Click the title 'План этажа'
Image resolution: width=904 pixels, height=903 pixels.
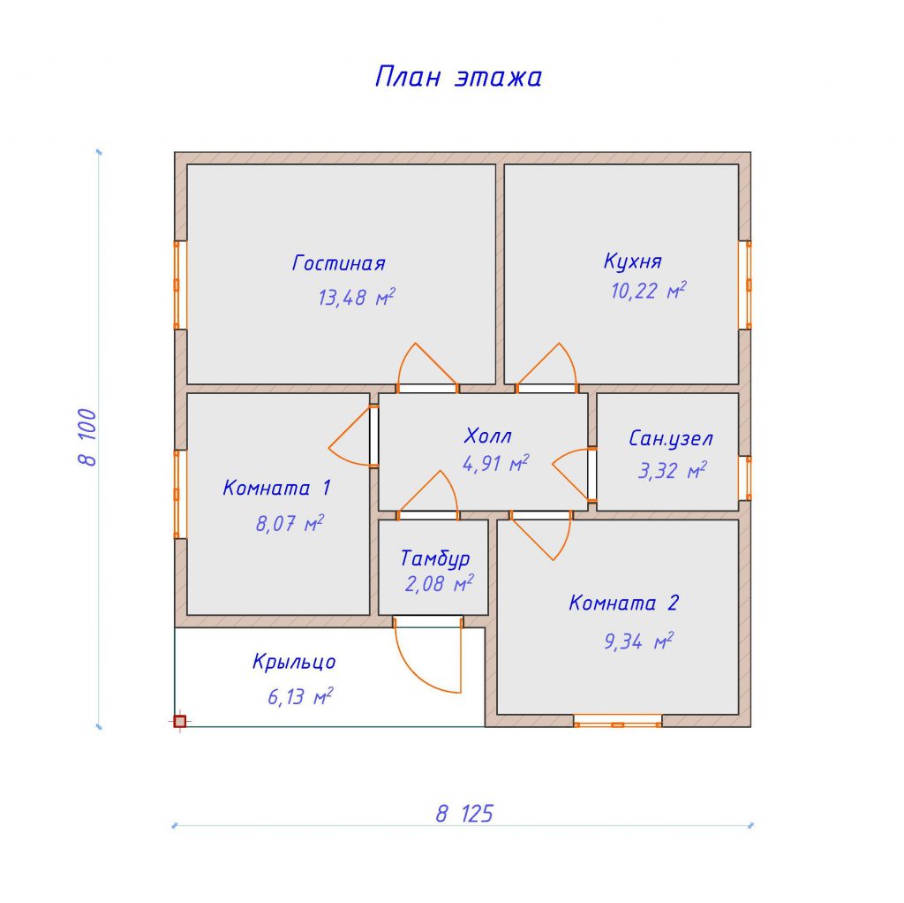pyautogui.click(x=458, y=77)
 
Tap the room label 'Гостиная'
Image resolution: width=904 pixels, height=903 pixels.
pyautogui.click(x=338, y=263)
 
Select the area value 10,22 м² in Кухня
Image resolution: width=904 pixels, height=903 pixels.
pyautogui.click(x=648, y=290)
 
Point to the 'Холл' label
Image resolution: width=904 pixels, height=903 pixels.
pyautogui.click(x=487, y=436)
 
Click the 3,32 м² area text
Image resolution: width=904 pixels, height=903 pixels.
pyautogui.click(x=672, y=470)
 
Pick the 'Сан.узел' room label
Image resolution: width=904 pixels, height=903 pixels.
pyautogui.click(x=671, y=439)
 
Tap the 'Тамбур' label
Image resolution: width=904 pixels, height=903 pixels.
pyautogui.click(x=435, y=558)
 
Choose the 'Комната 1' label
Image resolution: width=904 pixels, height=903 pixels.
pyautogui.click(x=276, y=488)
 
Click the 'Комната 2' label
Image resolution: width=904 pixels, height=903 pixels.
pyautogui.click(x=624, y=603)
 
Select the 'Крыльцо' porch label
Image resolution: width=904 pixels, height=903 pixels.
pyautogui.click(x=294, y=662)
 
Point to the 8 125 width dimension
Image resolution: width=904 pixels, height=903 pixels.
pyautogui.click(x=464, y=814)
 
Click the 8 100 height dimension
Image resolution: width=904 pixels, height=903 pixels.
pyautogui.click(x=87, y=436)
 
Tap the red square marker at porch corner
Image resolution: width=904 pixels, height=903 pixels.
pyautogui.click(x=180, y=721)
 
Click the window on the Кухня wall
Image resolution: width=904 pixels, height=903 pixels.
pyautogui.click(x=745, y=285)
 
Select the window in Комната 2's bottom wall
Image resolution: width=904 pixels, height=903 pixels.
pyautogui.click(x=617, y=721)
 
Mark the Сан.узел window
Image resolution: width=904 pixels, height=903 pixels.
pyautogui.click(x=745, y=478)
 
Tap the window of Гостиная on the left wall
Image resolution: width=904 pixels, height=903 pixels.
pyautogui.click(x=180, y=285)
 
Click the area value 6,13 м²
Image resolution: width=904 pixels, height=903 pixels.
pyautogui.click(x=300, y=696)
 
